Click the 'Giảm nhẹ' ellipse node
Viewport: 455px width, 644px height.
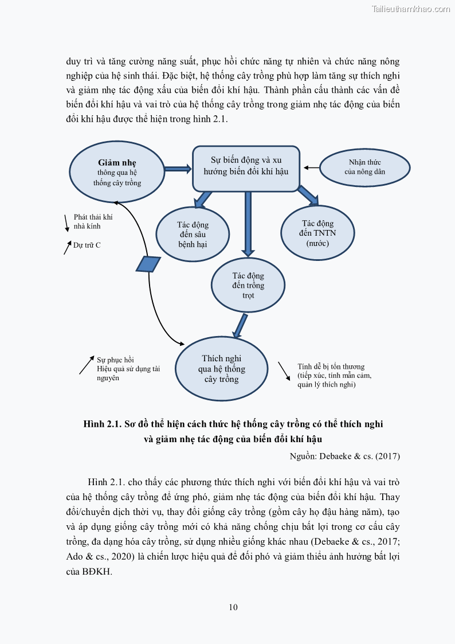tap(117, 171)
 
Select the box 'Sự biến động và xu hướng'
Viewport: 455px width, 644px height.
tap(246, 166)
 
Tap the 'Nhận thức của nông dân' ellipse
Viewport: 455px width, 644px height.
tap(364, 167)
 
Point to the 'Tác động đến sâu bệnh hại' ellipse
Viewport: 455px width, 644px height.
tap(193, 234)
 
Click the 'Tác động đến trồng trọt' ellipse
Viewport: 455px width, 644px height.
tap(248, 285)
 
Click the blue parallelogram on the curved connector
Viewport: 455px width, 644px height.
tap(148, 264)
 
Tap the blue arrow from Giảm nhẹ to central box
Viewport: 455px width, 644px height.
tap(177, 169)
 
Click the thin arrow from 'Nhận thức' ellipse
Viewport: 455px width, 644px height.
tap(311, 167)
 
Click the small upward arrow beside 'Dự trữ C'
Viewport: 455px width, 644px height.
tap(67, 247)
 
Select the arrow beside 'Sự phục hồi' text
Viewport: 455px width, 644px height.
tap(87, 365)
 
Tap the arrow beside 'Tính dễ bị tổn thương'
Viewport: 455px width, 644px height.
tap(284, 370)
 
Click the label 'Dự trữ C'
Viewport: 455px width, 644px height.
tap(87, 245)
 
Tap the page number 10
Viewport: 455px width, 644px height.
tap(233, 607)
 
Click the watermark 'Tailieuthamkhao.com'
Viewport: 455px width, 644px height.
tap(411, 9)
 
